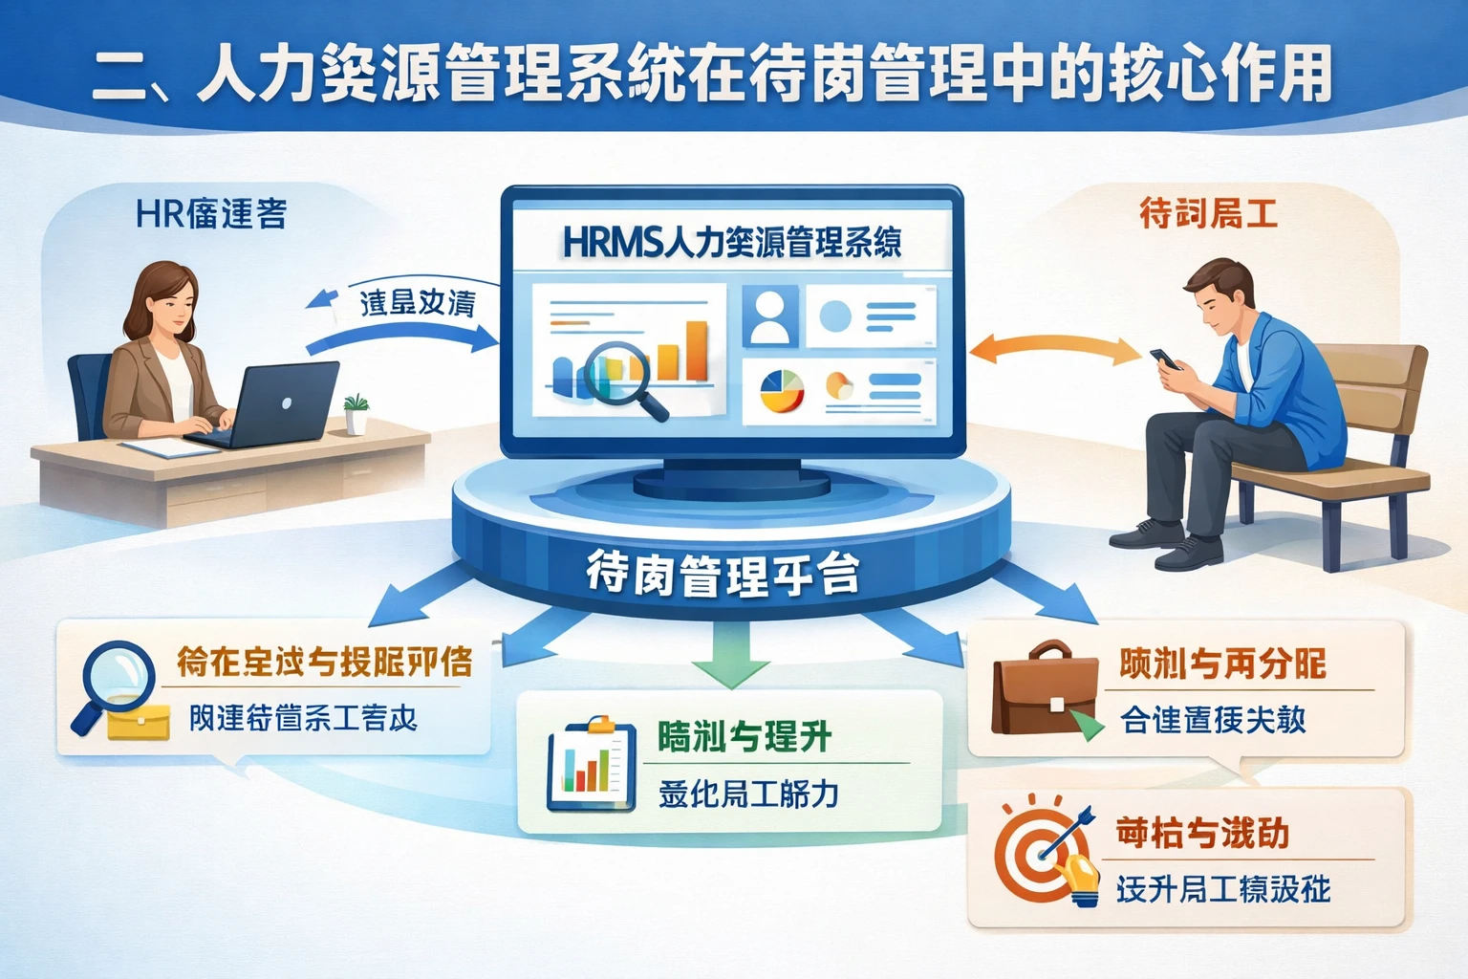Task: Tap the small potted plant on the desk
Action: pos(356,414)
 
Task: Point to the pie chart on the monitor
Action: pos(782,390)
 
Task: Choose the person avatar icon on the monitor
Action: pos(770,316)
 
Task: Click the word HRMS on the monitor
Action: pos(610,243)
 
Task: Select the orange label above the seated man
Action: pos(1208,213)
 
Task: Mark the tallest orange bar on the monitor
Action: pos(697,351)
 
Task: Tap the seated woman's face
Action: pos(169,311)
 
